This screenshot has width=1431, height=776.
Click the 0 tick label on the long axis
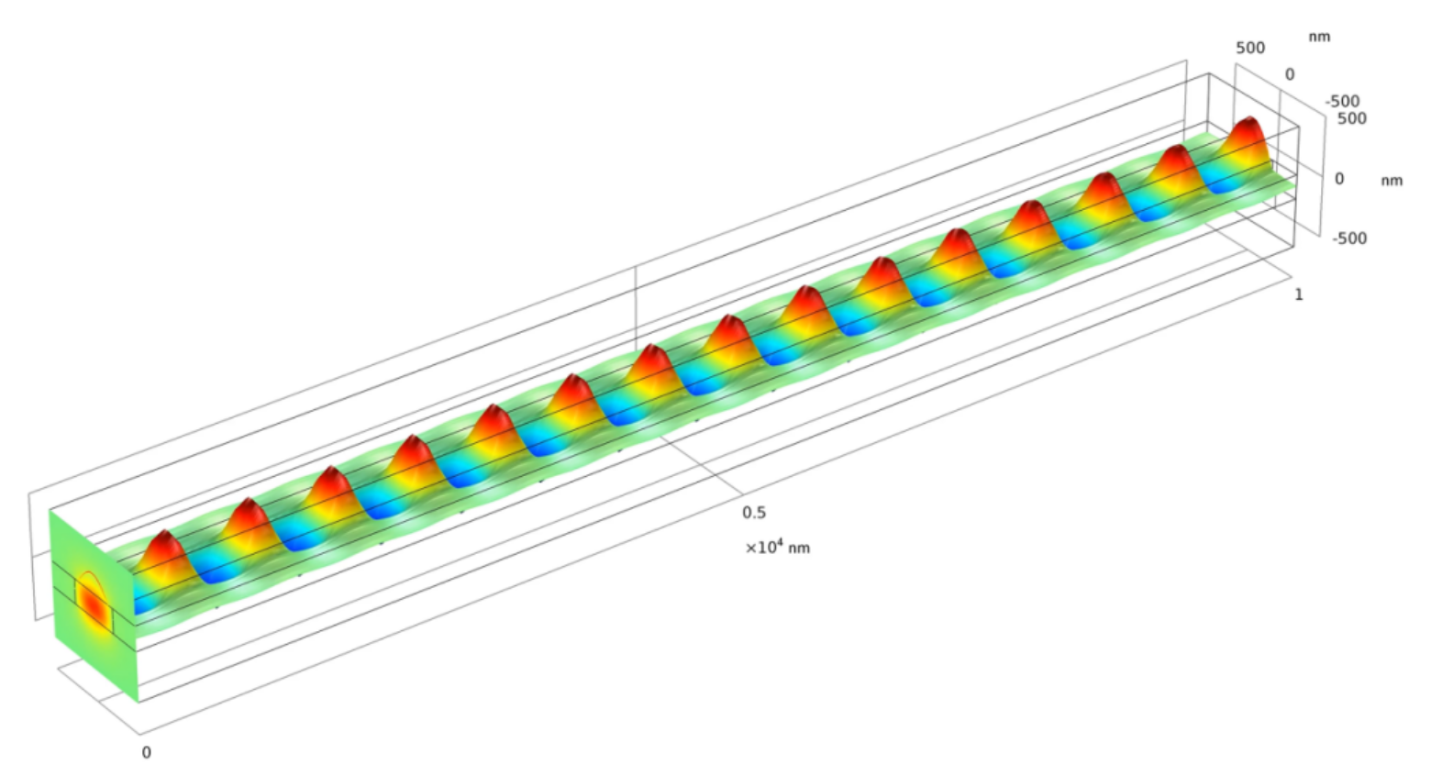146,753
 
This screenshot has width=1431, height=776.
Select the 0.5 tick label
754,512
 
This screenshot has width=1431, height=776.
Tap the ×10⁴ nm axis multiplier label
778,548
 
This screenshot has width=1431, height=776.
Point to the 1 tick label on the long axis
1298,294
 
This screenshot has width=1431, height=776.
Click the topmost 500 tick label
1250,48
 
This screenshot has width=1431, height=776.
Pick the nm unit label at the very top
1319,37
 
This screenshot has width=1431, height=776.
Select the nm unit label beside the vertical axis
1392,181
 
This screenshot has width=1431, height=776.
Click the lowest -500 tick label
1349,238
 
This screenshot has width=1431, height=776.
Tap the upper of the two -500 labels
1342,101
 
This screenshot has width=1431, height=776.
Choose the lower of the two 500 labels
1352,118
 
